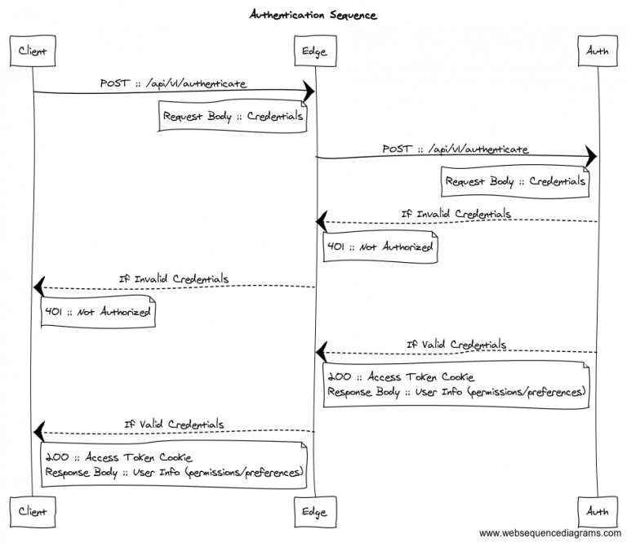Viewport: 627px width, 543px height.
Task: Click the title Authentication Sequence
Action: [x=313, y=15]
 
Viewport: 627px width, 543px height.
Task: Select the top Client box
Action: [x=33, y=51]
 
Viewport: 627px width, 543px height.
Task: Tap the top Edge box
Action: [x=314, y=51]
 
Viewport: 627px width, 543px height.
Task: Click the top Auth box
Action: [x=597, y=51]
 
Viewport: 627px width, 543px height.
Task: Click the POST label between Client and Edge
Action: [x=173, y=83]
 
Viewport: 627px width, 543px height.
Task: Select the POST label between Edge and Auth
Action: [x=456, y=149]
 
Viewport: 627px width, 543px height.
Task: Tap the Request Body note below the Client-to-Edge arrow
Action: [x=233, y=117]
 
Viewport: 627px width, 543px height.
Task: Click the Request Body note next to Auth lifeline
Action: [x=515, y=181]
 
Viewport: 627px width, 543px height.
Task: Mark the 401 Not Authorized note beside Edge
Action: [x=379, y=247]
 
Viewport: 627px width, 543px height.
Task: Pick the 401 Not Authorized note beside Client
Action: [x=97, y=311]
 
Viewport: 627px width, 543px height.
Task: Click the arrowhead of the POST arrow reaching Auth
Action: [x=591, y=156]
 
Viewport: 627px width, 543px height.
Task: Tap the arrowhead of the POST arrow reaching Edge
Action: [x=309, y=91]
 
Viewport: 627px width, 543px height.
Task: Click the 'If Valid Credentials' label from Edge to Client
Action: [x=174, y=424]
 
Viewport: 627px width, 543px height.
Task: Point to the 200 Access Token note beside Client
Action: [x=174, y=465]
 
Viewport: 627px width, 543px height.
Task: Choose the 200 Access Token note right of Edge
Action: [x=456, y=385]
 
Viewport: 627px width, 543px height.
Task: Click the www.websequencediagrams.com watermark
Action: [x=549, y=533]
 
